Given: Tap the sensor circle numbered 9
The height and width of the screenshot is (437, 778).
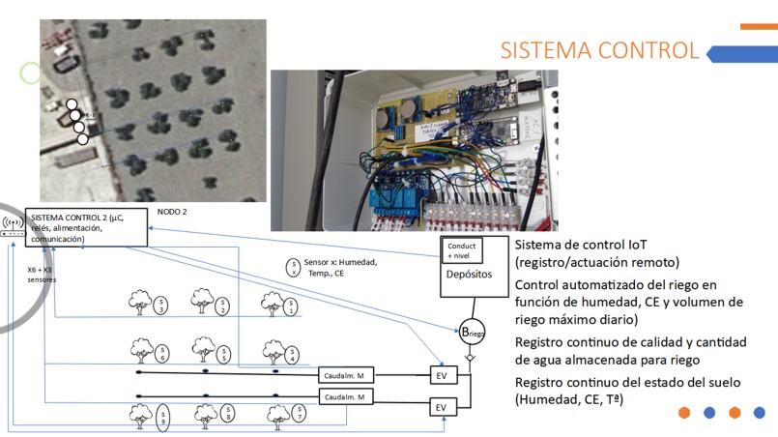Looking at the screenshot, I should [162, 418].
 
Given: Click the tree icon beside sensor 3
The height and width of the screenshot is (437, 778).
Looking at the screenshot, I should [140, 304].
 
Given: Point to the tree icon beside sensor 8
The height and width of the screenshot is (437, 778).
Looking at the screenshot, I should [205, 416].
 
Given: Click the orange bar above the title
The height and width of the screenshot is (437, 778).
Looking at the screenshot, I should [759, 26].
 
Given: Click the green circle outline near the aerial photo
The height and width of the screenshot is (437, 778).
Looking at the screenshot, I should [31, 73].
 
